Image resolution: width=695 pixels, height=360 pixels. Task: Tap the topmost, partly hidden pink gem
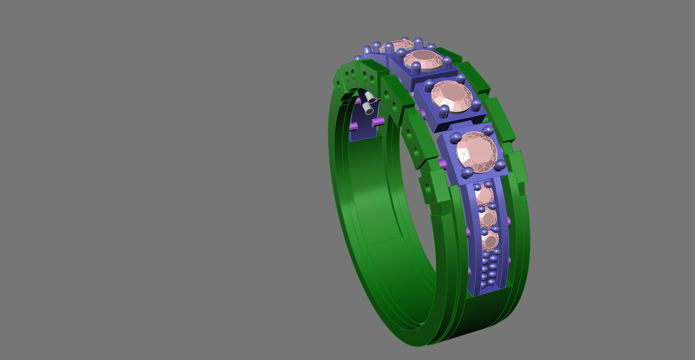tap(397, 46)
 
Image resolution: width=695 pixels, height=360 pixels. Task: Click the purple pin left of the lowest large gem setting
tap(442, 163)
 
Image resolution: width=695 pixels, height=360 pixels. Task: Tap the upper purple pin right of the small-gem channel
tap(509, 222)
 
